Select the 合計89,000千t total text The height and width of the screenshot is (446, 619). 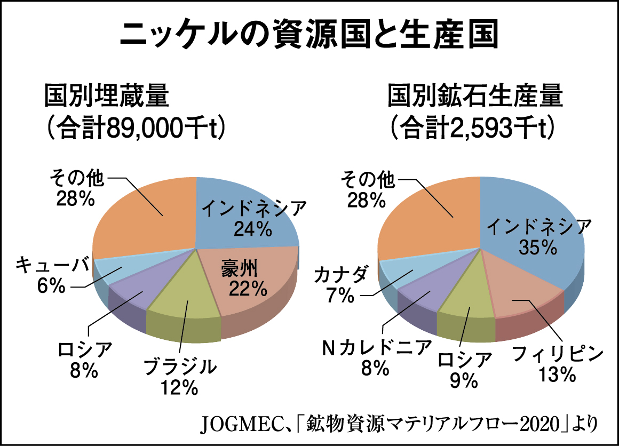coord(134,128)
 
